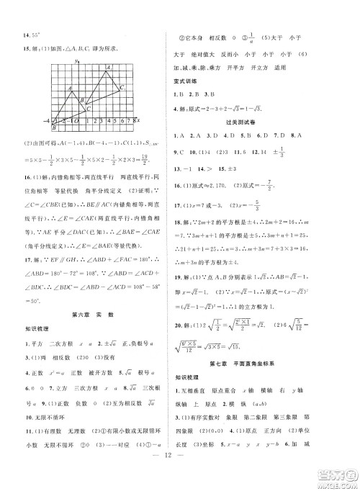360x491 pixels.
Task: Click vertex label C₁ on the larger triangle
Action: (x=122, y=86)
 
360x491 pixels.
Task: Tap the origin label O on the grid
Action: (x=76, y=120)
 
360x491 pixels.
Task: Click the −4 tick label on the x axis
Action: (x=45, y=120)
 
